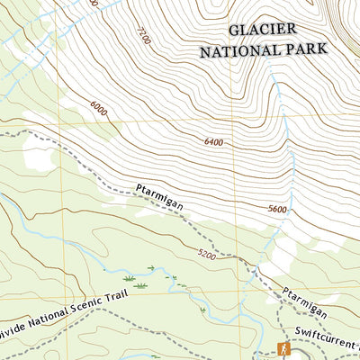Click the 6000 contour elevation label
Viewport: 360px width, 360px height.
click(99, 107)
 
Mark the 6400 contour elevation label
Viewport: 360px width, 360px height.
click(213, 142)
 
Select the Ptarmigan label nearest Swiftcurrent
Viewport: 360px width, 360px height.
click(295, 301)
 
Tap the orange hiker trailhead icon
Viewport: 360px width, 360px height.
click(283, 348)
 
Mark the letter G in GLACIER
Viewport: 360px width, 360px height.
click(234, 31)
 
